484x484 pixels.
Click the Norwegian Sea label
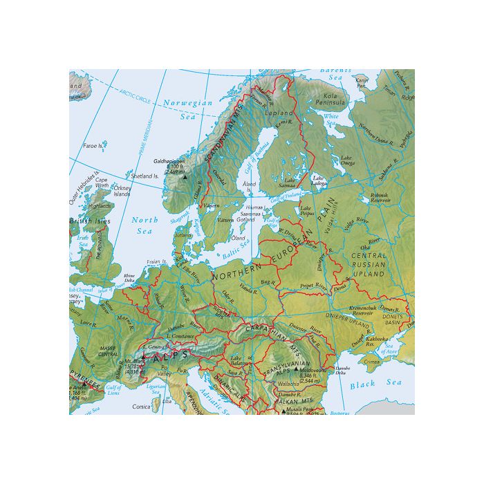[187, 110]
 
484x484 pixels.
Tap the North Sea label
[145, 225]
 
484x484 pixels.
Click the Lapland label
[283, 113]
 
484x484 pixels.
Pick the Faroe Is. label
[93, 146]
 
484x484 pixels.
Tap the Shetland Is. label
[145, 176]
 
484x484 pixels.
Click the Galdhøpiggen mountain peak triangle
[184, 177]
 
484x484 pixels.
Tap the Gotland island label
[245, 219]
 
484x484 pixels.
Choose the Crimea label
[372, 362]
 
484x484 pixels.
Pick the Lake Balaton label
[239, 360]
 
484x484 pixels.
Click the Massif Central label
[110, 351]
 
